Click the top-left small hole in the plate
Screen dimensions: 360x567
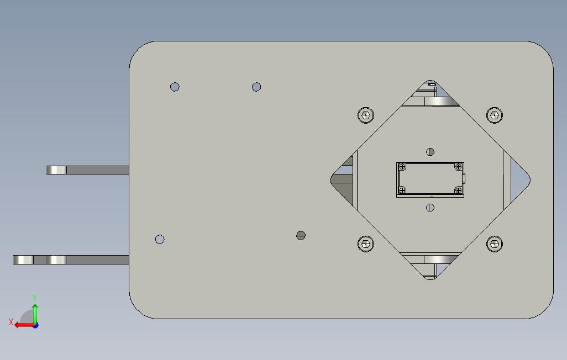click(175, 87)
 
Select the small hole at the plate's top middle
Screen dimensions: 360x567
click(256, 87)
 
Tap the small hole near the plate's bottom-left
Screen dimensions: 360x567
click(160, 239)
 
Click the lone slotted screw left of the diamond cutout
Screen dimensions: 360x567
click(301, 235)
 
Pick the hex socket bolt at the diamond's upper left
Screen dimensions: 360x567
click(365, 115)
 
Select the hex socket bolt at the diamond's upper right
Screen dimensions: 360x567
click(495, 115)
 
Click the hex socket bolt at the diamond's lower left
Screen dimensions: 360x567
click(365, 243)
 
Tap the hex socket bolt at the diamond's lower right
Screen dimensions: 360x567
click(495, 243)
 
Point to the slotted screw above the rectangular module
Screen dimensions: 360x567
click(431, 152)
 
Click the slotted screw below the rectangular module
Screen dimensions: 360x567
click(431, 208)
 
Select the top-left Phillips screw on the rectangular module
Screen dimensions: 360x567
click(402, 167)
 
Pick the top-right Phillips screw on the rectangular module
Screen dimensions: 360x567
click(458, 167)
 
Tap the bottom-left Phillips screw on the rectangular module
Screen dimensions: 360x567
click(402, 190)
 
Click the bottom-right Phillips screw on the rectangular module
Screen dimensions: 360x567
click(458, 190)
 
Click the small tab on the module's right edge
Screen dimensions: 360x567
click(465, 178)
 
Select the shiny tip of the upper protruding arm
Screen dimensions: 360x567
click(56, 170)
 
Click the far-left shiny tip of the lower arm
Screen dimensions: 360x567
click(23, 260)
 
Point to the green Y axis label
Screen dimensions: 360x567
click(35, 298)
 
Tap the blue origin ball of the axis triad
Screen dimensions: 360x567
click(35, 325)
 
